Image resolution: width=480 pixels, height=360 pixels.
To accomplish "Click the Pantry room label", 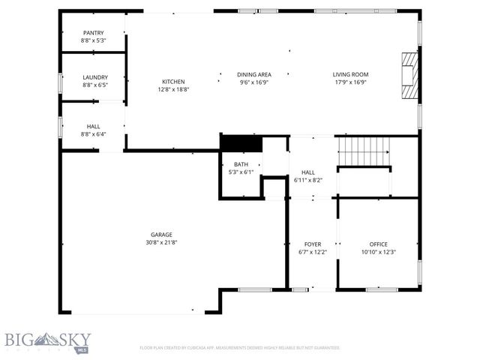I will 94,33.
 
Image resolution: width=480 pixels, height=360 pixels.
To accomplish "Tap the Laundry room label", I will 94,76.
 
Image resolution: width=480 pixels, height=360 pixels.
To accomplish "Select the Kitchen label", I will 173,82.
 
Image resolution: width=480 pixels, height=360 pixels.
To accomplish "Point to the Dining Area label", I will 253,74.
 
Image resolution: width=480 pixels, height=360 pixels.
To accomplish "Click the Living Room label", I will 350,74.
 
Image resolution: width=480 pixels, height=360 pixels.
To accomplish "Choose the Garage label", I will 162,235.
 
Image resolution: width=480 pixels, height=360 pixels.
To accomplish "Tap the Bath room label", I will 241,164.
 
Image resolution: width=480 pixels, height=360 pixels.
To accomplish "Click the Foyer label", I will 312,244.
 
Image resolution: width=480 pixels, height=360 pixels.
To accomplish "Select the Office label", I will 378,244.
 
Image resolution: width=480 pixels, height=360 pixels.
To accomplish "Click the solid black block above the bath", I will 240,143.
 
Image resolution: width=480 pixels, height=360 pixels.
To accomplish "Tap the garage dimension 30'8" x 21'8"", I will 162,243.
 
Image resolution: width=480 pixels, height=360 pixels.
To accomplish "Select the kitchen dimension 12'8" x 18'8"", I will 173,89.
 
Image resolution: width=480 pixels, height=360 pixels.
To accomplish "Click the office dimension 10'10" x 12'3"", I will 378,252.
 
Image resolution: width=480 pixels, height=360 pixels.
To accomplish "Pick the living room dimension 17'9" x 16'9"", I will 350,82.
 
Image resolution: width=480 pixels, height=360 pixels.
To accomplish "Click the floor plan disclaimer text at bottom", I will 240,348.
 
